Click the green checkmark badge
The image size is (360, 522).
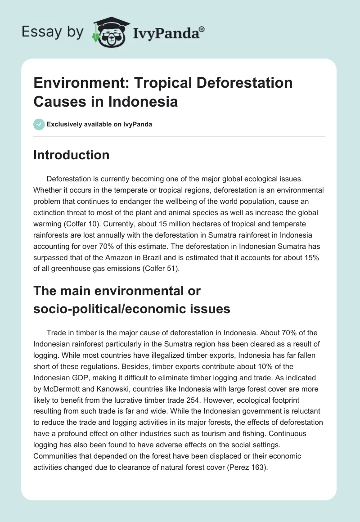(39, 124)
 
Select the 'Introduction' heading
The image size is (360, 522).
(72, 155)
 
